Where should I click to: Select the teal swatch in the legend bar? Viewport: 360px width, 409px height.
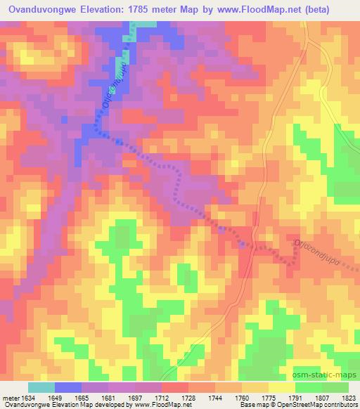41,387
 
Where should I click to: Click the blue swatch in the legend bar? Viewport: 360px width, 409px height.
68,387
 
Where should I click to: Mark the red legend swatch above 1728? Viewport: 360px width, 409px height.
174,387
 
